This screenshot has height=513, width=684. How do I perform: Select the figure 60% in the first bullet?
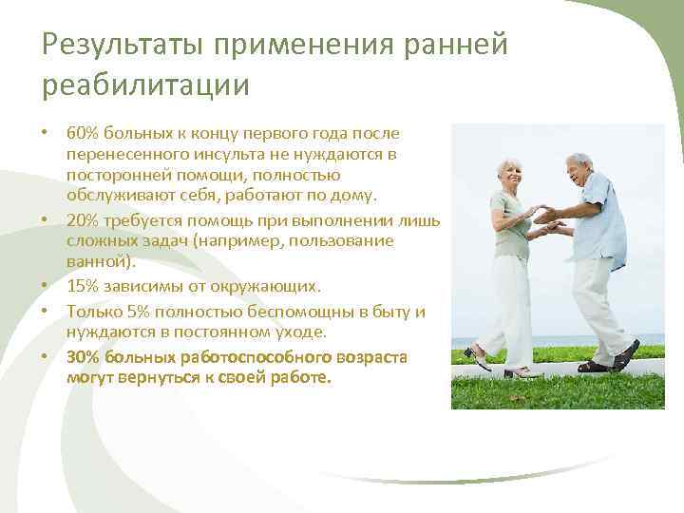[x=84, y=134]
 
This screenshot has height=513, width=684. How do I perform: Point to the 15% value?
[x=84, y=285]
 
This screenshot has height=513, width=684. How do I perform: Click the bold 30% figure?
[x=85, y=357]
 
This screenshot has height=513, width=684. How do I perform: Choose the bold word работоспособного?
[x=252, y=357]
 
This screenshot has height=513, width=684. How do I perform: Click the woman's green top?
[x=508, y=224]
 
